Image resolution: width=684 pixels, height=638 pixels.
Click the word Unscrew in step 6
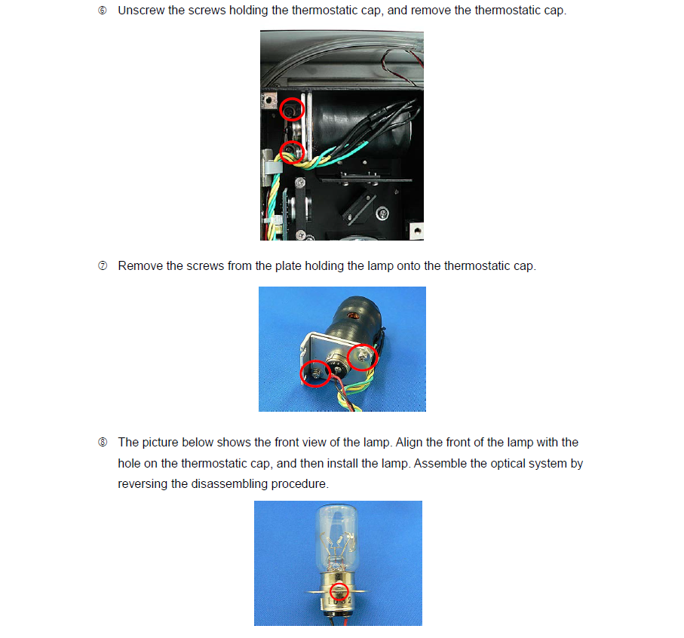tap(140, 11)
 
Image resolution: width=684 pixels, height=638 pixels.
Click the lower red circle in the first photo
tap(291, 152)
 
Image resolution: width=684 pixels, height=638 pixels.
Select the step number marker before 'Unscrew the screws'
tap(103, 11)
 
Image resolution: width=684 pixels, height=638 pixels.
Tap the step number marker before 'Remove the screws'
tap(103, 266)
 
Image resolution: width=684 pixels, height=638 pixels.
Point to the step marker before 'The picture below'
tap(103, 443)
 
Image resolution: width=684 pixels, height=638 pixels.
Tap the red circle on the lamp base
tap(339, 590)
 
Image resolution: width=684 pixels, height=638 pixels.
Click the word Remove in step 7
tap(140, 266)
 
